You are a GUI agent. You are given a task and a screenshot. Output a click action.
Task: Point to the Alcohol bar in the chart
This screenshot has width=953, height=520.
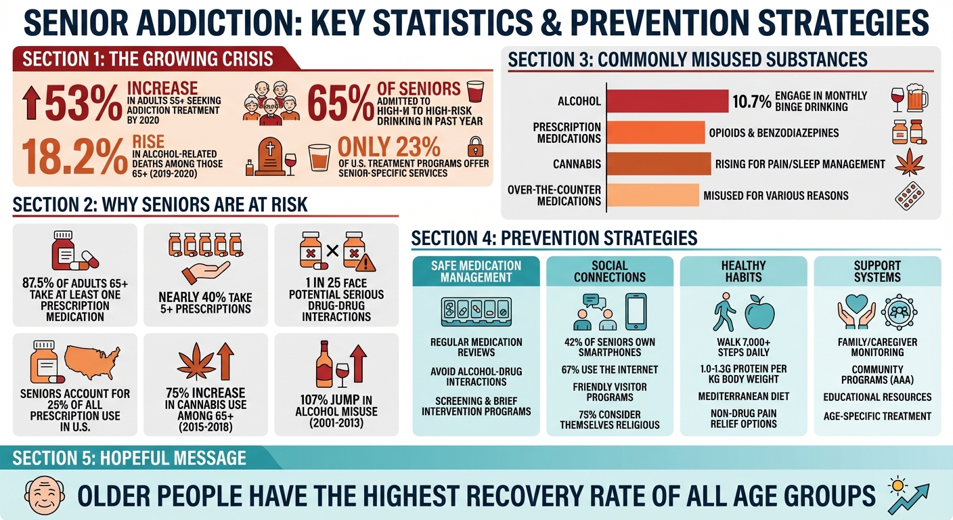(x=667, y=102)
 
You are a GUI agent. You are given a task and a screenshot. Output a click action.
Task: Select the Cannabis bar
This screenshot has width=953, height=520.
(x=659, y=164)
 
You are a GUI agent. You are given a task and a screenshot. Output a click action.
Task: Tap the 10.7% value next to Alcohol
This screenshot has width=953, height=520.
(x=751, y=102)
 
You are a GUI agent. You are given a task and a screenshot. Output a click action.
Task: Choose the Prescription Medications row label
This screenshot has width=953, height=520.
(x=567, y=133)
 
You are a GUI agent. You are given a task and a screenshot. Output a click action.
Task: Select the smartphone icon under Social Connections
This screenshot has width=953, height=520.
(x=636, y=311)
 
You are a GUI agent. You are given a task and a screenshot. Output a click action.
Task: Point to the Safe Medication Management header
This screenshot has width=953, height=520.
(x=476, y=272)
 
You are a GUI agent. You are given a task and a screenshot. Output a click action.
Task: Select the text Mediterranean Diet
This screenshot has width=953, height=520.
(x=744, y=396)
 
